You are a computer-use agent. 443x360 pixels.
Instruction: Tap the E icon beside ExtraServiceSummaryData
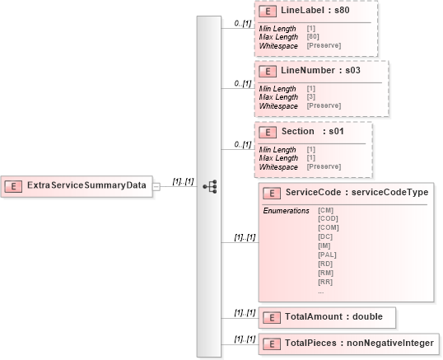click(14, 186)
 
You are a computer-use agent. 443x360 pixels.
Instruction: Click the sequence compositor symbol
click(209, 186)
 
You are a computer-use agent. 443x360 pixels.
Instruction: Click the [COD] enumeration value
click(328, 218)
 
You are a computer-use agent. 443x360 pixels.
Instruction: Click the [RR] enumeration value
click(326, 282)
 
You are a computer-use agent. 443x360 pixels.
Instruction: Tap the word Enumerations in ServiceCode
click(286, 210)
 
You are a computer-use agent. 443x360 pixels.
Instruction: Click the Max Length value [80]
click(314, 36)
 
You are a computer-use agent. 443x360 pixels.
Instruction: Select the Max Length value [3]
click(311, 97)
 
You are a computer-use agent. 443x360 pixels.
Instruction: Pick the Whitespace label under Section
click(278, 166)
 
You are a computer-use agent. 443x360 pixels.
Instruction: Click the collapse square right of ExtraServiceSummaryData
click(155, 186)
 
